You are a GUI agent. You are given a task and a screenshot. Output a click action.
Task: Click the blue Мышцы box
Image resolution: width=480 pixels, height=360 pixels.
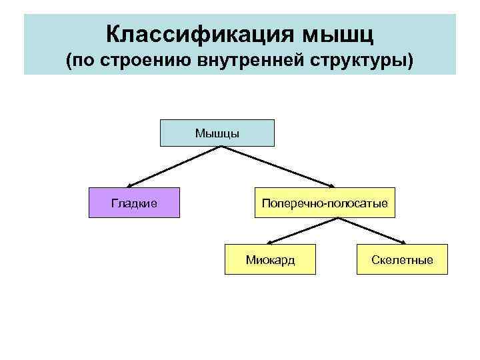pyautogui.click(x=217, y=133)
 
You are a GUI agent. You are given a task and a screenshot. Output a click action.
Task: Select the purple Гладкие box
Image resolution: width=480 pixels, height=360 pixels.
pyautogui.click(x=135, y=203)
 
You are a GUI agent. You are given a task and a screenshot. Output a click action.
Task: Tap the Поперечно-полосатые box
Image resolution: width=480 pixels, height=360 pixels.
pyautogui.click(x=325, y=203)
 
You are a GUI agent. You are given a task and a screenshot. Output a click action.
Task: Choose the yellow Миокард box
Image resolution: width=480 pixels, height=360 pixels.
pyautogui.click(x=270, y=259)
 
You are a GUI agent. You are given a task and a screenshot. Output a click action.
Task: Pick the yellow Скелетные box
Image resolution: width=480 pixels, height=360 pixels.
pyautogui.click(x=403, y=259)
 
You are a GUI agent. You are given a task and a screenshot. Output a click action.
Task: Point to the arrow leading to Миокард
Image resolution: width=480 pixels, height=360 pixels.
pyautogui.click(x=297, y=231)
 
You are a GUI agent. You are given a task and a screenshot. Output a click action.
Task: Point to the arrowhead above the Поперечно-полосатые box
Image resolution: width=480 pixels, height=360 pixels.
pyautogui.click(x=333, y=185)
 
